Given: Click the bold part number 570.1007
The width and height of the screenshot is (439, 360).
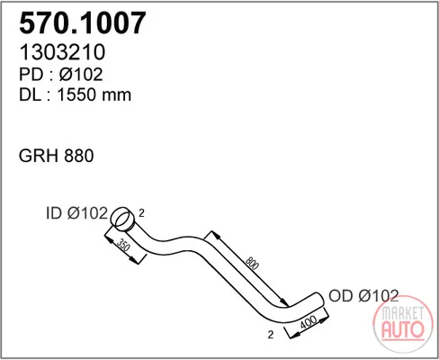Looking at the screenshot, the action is point(83,22).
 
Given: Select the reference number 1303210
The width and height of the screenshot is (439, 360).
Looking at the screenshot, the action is point(62,52).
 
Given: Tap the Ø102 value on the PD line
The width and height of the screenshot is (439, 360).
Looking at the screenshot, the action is point(81,74).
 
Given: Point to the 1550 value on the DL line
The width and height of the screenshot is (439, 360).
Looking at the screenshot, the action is point(77,94).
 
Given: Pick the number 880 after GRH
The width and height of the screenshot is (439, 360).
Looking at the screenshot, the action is point(79,156).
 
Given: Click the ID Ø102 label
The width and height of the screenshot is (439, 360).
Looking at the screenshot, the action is point(76,213).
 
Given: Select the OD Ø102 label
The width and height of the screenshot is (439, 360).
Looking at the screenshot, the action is point(363,296).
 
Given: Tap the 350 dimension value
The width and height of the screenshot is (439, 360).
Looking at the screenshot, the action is point(123,246).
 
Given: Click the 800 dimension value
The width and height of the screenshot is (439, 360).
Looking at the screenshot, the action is point(252,263).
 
